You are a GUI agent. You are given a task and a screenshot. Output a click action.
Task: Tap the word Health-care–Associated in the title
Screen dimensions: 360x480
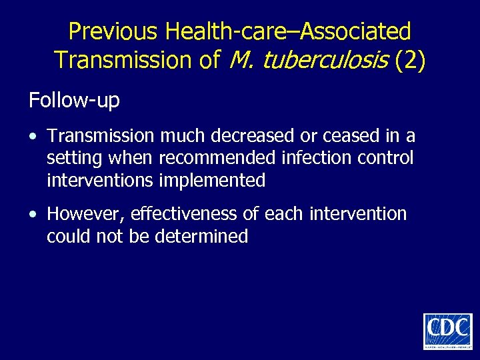(x=288, y=31)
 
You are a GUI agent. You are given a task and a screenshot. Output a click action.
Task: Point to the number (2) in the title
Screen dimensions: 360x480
(x=410, y=61)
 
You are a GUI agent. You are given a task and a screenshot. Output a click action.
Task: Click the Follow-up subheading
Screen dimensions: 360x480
(x=74, y=101)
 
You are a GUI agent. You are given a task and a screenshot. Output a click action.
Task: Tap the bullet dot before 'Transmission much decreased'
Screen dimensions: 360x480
(x=33, y=137)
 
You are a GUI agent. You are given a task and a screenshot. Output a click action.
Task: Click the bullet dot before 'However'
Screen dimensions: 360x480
(x=33, y=214)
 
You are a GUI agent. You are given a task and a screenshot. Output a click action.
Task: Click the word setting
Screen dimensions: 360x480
(x=72, y=159)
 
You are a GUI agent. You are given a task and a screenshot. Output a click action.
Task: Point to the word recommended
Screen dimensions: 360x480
(x=217, y=159)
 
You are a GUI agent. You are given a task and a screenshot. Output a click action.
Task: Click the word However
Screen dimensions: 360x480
(x=86, y=214)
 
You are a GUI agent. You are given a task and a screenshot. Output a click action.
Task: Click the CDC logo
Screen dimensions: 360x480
(x=447, y=331)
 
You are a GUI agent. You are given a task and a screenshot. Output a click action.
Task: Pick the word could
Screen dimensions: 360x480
(x=66, y=236)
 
